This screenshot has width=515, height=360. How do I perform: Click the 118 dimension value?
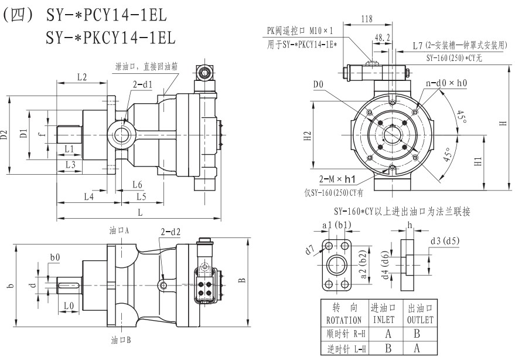[367, 19]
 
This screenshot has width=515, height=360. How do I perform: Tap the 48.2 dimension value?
[383, 38]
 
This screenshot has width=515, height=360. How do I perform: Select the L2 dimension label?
[82, 77]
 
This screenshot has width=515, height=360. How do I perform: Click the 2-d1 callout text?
[142, 84]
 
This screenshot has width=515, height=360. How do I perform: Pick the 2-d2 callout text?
[170, 232]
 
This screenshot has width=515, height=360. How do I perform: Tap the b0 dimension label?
[55, 257]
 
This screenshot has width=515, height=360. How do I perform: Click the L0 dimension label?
[69, 305]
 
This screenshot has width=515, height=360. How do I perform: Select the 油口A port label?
[119, 230]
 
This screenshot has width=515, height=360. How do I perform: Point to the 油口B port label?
[121, 339]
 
